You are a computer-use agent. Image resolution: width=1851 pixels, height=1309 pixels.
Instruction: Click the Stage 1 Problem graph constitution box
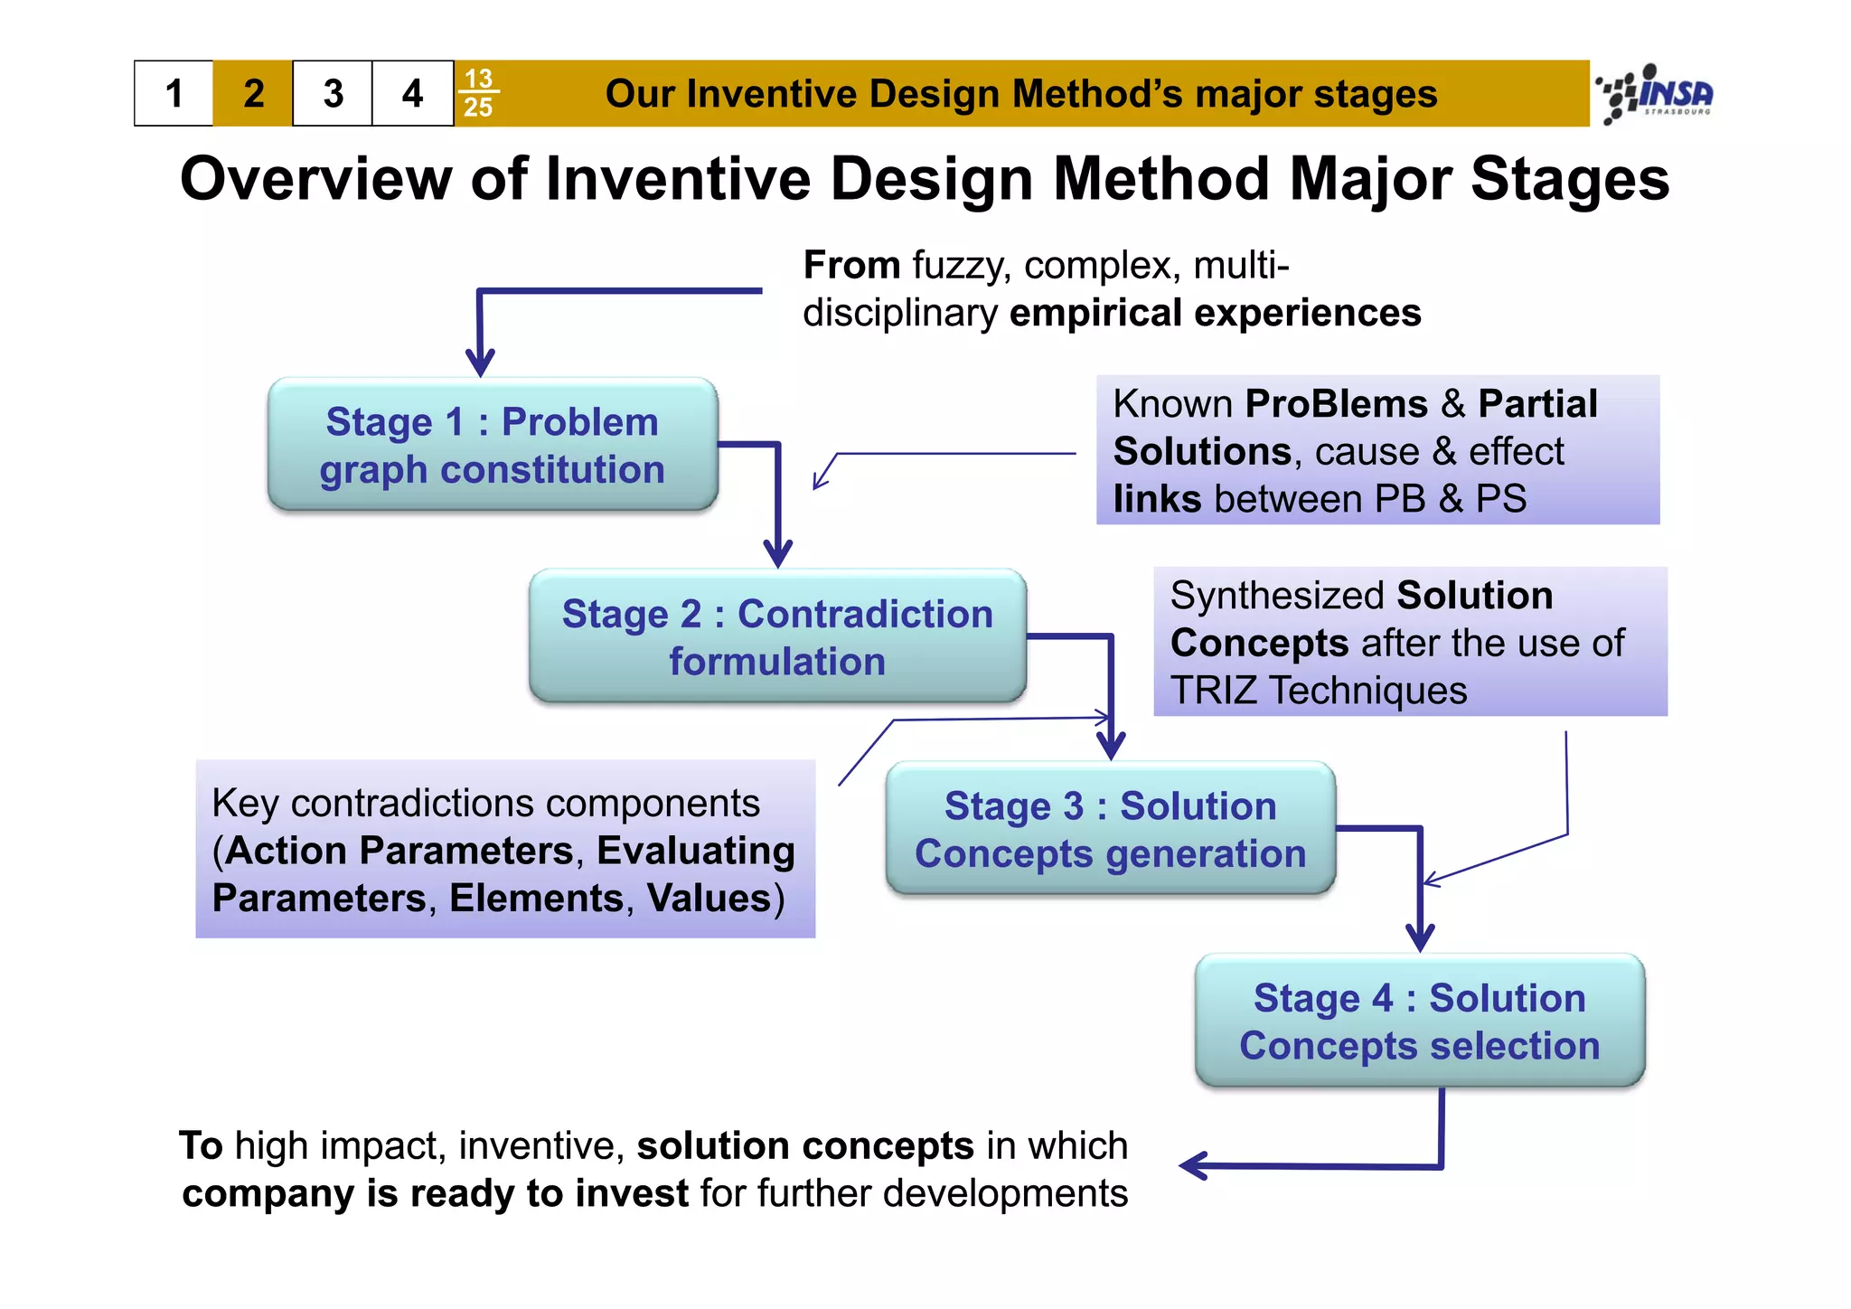493,445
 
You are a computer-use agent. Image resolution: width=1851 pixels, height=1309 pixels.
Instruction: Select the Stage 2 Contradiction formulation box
777,636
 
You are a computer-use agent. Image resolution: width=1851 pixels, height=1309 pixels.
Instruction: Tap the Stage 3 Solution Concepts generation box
1110,829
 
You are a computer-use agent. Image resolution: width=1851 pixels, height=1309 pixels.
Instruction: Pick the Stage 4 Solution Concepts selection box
1419,1021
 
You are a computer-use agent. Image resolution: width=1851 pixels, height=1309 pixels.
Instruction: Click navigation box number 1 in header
174,94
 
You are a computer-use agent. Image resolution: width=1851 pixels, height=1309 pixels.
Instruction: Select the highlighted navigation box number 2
254,94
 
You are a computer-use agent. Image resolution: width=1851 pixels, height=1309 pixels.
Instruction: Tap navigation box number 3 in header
333,94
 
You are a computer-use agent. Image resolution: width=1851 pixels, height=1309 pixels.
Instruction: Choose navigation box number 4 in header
412,94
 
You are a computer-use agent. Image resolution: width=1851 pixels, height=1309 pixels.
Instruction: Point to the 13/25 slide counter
478,93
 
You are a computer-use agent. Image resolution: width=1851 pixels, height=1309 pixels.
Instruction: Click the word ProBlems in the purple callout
1335,404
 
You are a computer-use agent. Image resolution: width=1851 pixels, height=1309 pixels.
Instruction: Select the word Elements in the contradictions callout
536,899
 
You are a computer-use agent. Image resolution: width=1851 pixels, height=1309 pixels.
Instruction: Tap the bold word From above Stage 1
850,266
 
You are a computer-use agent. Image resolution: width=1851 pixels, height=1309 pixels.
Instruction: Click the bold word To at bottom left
201,1145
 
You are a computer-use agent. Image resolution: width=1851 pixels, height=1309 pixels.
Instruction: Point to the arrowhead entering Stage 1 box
480,364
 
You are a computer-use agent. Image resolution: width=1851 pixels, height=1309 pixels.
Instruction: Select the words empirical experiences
1215,313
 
